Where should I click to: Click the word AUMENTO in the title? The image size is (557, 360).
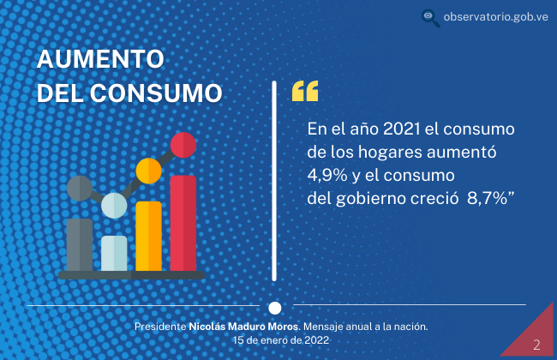click(100, 58)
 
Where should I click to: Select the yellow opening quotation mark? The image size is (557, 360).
click(305, 92)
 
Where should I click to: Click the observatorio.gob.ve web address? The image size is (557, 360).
click(495, 16)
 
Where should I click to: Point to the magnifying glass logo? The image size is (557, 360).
click(430, 18)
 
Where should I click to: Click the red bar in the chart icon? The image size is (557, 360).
click(183, 223)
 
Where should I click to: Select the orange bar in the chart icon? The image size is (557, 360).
click(149, 237)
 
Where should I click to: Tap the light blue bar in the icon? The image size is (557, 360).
click(114, 254)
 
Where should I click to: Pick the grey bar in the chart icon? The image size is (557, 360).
click(80, 245)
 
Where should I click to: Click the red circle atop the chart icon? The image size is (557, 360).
click(183, 145)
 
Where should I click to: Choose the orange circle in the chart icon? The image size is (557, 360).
click(149, 171)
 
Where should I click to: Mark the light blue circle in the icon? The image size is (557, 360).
click(114, 206)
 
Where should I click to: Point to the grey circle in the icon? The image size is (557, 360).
click(80, 189)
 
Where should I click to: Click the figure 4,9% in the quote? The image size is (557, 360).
click(327, 175)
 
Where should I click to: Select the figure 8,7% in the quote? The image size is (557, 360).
click(487, 198)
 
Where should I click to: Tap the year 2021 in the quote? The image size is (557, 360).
click(402, 129)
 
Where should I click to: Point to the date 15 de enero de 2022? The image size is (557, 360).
click(281, 340)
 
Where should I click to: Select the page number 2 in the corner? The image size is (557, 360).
click(536, 345)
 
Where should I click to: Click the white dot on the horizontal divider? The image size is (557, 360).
click(274, 308)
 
